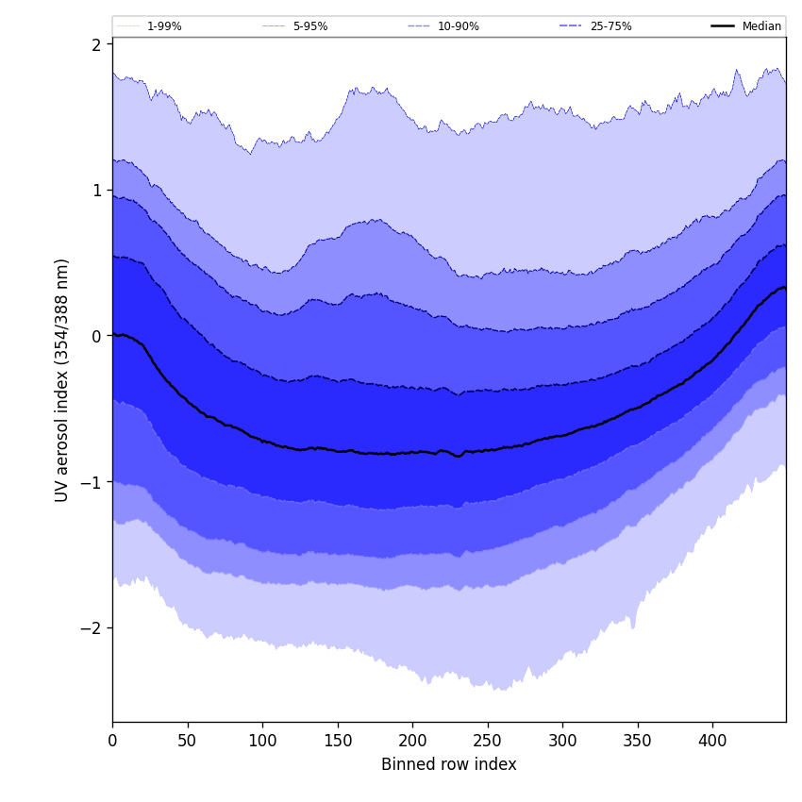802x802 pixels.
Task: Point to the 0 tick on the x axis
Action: (112, 741)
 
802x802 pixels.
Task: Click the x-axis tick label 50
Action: (188, 741)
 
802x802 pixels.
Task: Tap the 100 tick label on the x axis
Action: (262, 741)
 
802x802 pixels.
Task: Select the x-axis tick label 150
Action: (338, 741)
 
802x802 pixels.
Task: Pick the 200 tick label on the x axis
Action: (412, 741)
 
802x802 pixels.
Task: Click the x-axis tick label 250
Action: (488, 741)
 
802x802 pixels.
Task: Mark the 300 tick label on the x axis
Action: (562, 741)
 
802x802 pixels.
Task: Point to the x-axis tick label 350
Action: (638, 741)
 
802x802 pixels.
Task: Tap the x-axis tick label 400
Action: (712, 741)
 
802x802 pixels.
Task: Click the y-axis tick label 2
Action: (96, 44)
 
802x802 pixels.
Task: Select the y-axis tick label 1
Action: (96, 190)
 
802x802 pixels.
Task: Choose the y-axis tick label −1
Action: (92, 481)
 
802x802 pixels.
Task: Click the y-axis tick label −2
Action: (92, 627)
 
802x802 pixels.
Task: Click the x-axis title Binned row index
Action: (449, 765)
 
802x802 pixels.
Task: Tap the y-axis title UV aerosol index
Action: (62, 379)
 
